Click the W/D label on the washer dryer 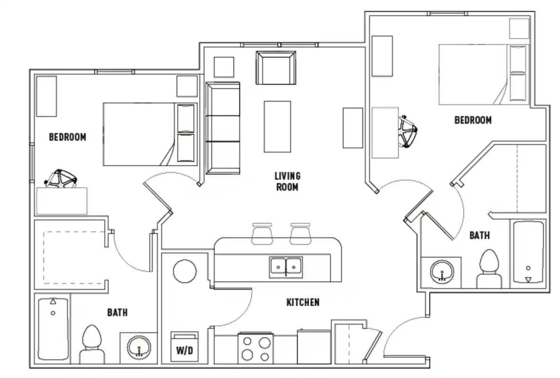(185, 350)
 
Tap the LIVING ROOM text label (287, 181)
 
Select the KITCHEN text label (303, 302)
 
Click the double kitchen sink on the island (286, 267)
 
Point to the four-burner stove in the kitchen (255, 349)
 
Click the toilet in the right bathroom (489, 269)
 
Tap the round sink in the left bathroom (139, 347)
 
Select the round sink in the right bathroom (442, 272)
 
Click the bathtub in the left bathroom (53, 328)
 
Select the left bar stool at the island (262, 233)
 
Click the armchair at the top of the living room (276, 68)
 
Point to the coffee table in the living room (277, 126)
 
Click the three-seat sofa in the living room (223, 128)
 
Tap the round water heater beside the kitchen (184, 271)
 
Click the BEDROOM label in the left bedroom (68, 137)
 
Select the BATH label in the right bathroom (479, 235)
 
